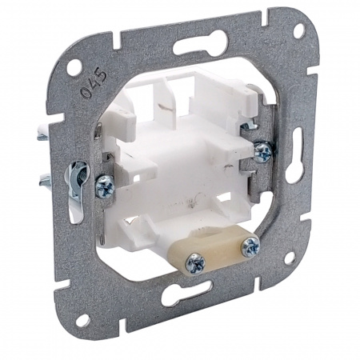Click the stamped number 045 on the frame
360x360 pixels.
coord(94,84)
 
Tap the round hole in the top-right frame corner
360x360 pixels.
coord(298,30)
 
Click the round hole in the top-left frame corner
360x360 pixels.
coord(74,67)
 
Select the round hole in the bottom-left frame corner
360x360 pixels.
coord(83,320)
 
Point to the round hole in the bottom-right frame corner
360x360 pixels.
coord(290,258)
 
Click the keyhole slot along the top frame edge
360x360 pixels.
coord(201,44)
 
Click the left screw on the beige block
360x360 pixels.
coord(196,263)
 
